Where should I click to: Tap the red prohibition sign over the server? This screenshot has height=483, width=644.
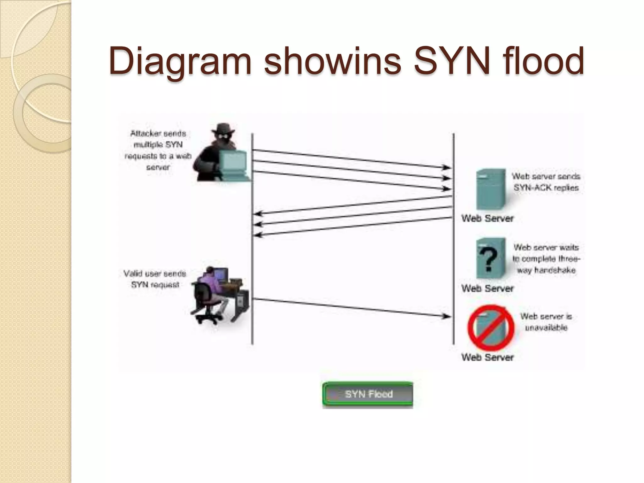pos(491,327)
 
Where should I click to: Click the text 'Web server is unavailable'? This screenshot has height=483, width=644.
pos(546,322)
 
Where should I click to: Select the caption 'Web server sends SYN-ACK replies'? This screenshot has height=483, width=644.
pos(546,182)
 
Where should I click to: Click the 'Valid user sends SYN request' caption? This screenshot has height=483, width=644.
pos(155,279)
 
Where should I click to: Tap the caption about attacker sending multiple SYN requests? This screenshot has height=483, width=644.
pos(158,150)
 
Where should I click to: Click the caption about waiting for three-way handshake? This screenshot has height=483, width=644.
pos(546,259)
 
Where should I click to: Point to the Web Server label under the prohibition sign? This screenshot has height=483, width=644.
pos(487,357)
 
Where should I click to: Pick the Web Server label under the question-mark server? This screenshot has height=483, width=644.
pos(487,288)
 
